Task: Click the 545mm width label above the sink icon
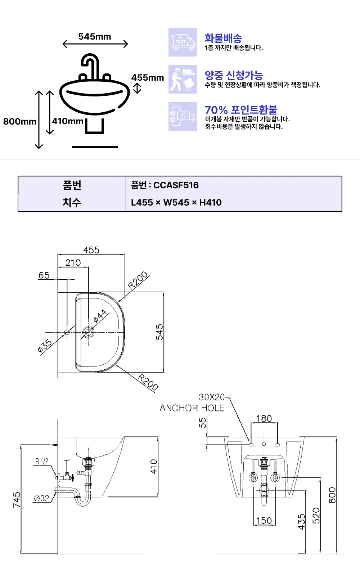pos(95,37)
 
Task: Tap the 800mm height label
pos(20,122)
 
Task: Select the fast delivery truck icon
pos(183,42)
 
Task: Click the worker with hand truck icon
pos(183,79)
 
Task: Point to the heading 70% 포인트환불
pos(241,110)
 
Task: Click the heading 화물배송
pos(223,38)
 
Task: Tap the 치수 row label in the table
pos(72,203)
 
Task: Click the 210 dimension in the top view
pos(73,263)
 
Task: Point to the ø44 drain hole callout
pos(100,316)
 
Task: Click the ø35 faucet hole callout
pos(45,346)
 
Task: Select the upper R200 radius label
pos(138,280)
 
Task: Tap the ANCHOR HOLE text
pos(192,408)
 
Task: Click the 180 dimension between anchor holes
pos(264,419)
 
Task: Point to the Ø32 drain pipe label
pos(41,498)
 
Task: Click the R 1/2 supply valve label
pos(42,461)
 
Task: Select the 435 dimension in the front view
pos(301,522)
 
